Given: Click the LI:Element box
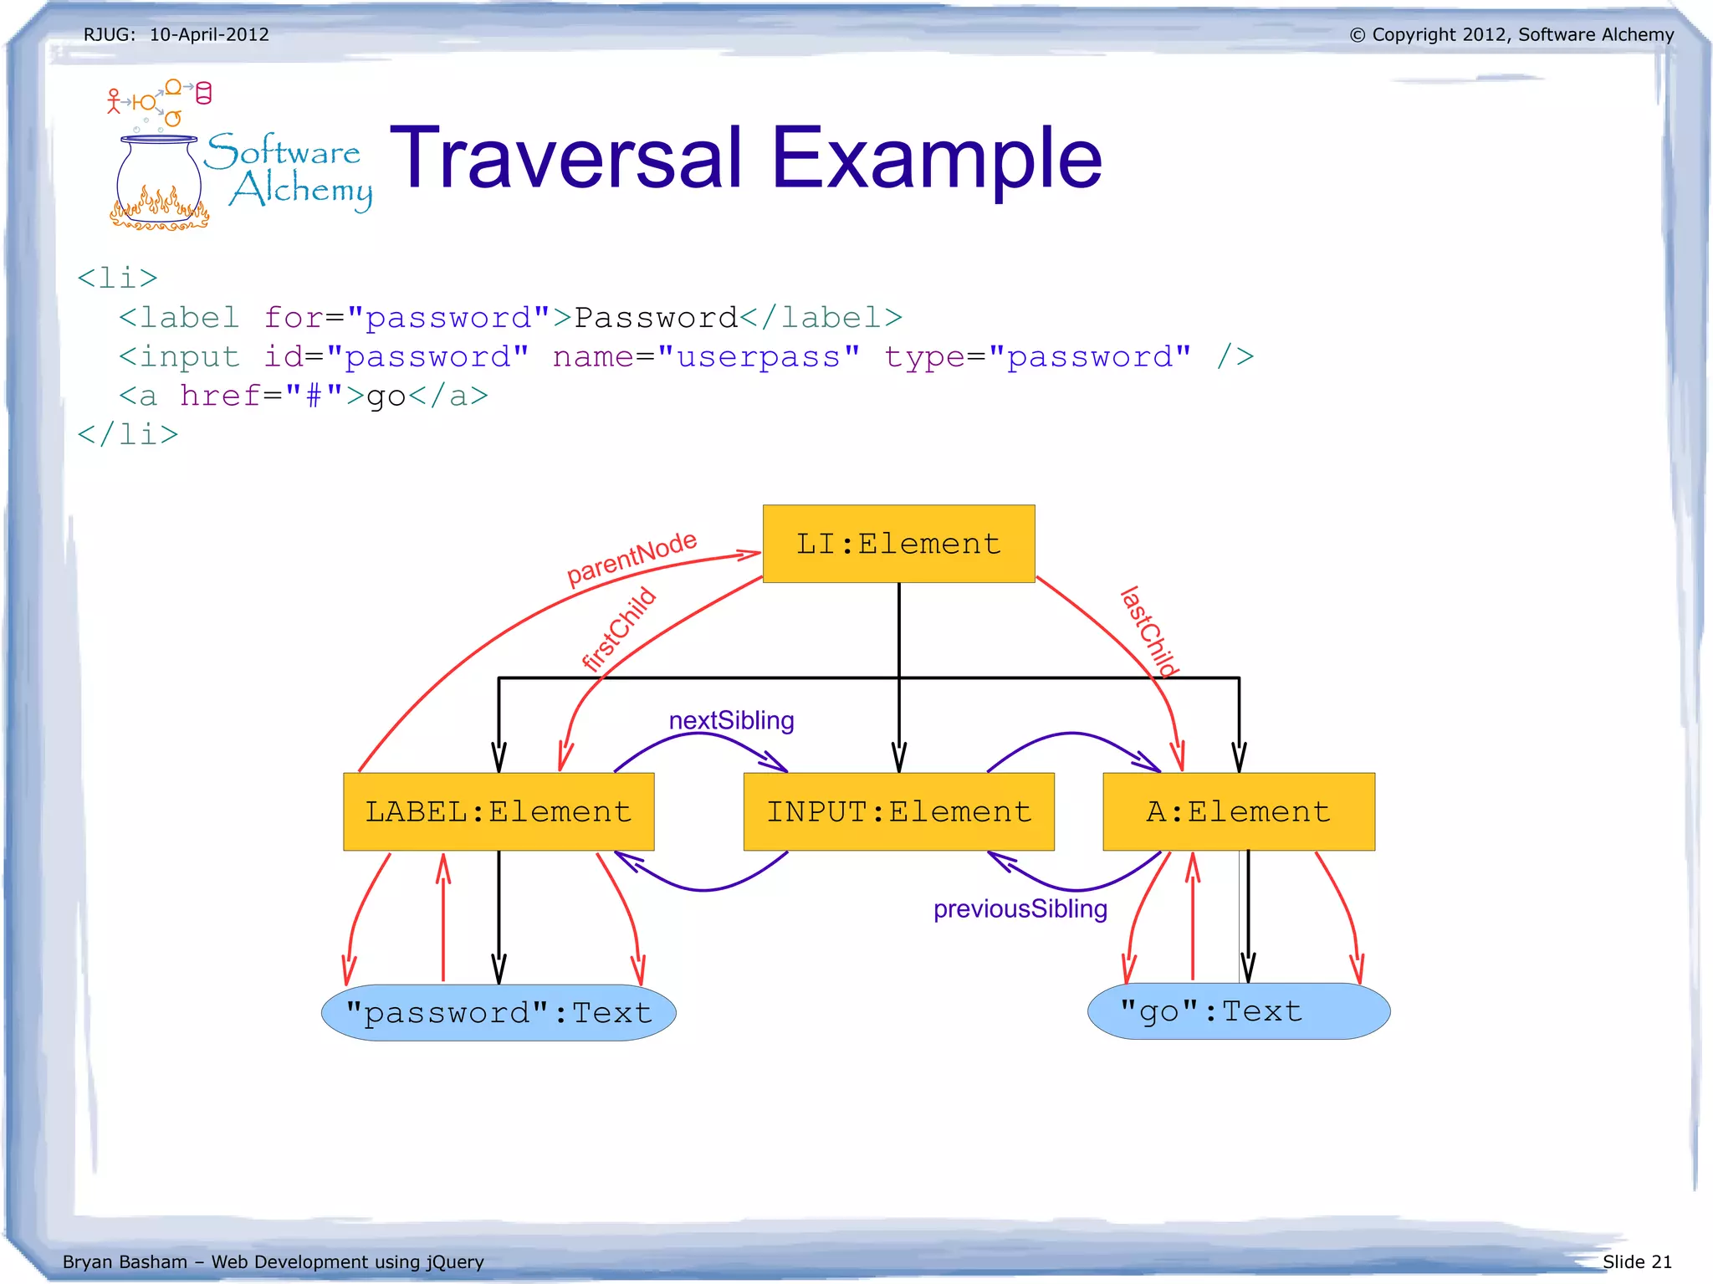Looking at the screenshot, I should click(898, 544).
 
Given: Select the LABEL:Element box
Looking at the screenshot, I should click(499, 811).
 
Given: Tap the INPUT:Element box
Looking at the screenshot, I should click(898, 811).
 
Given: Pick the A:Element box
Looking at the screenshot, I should click(1238, 811).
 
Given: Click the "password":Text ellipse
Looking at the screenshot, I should click(499, 1013).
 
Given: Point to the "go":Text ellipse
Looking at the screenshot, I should click(1238, 1011).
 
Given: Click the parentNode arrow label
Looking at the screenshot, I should click(632, 558).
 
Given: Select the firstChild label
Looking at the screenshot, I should click(619, 629).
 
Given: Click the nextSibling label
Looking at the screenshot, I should click(731, 720).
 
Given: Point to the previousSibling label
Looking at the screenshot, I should click(1020, 908).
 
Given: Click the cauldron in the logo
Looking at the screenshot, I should click(159, 180).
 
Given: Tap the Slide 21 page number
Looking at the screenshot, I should click(1636, 1261).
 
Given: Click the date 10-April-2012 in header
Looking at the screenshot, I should click(209, 34).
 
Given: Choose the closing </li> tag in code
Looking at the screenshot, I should click(128, 434).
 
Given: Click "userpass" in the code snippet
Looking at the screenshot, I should click(759, 357).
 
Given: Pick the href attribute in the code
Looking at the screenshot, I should click(221, 396).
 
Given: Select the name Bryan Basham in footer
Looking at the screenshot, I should click(125, 1261).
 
